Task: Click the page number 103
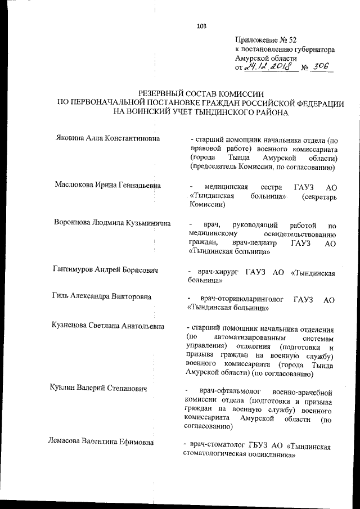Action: click(x=202, y=26)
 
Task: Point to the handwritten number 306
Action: click(x=322, y=67)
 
